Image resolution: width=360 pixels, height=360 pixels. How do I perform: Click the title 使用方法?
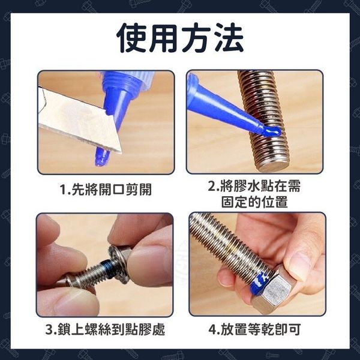click(x=180, y=38)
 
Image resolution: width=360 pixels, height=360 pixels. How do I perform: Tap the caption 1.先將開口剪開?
click(x=106, y=190)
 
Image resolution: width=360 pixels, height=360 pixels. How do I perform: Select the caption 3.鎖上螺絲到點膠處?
click(x=105, y=329)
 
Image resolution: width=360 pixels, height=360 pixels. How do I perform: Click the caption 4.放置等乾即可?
click(x=254, y=329)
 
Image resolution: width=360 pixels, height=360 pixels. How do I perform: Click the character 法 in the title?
click(x=228, y=38)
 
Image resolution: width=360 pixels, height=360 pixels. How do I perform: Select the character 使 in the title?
click(x=132, y=38)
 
